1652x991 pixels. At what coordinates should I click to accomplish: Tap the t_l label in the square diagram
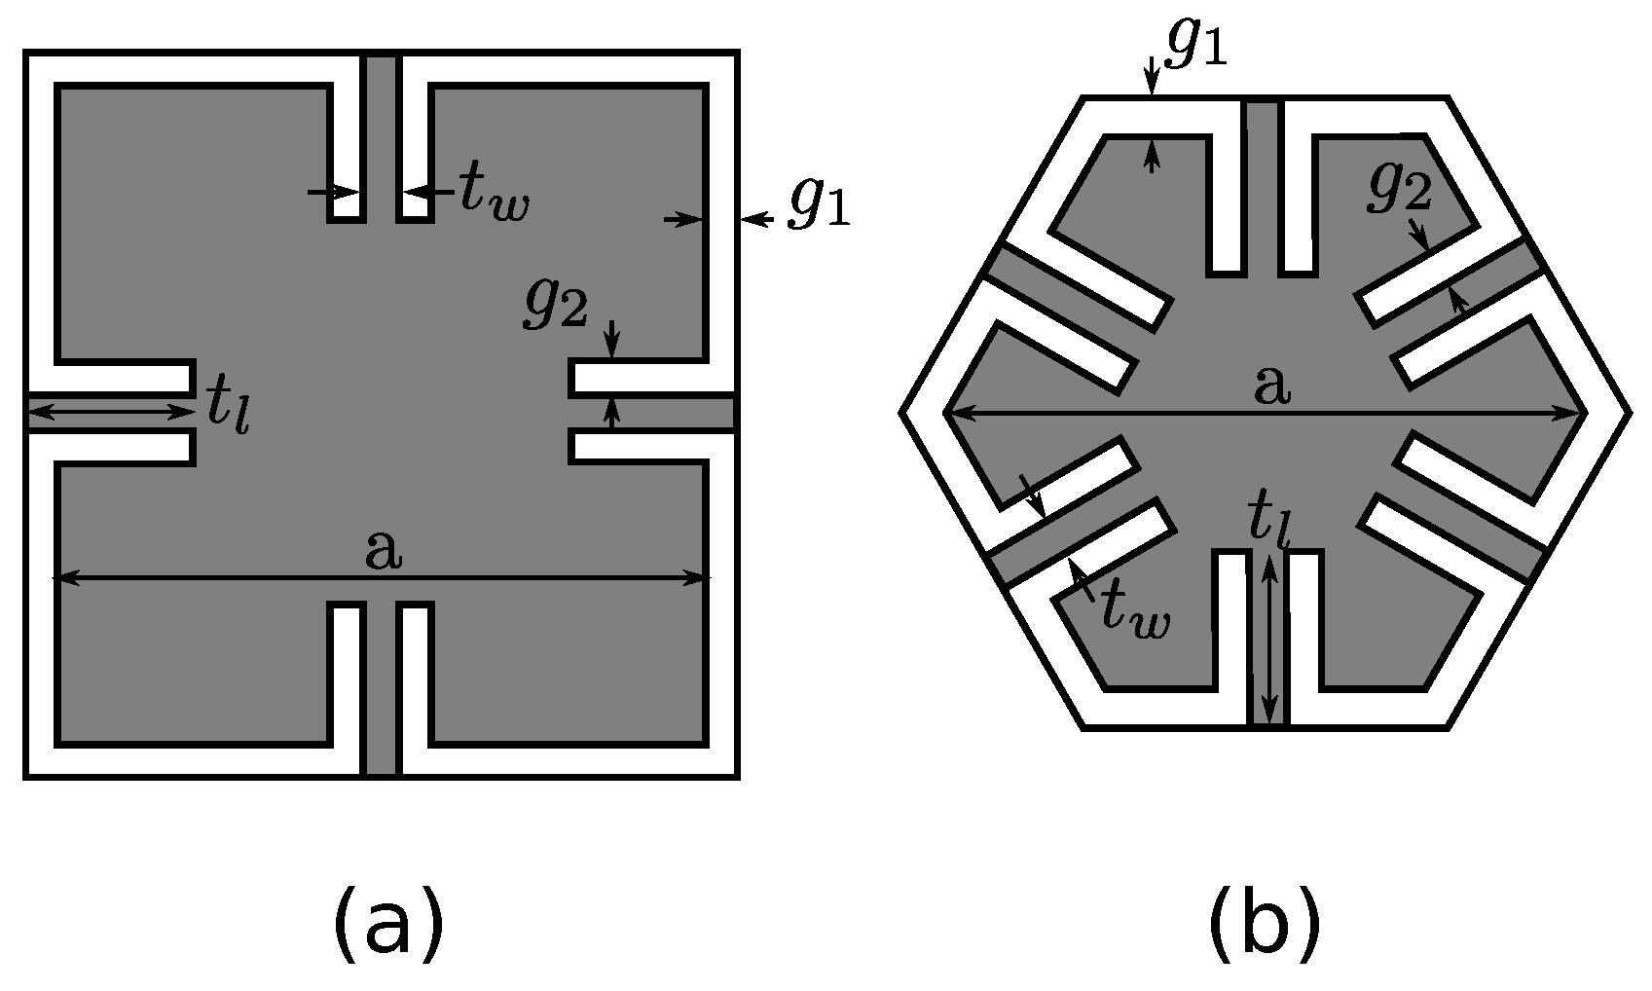(228, 408)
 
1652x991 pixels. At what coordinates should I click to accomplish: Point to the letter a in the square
(383, 552)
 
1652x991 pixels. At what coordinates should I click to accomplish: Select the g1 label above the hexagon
(1194, 45)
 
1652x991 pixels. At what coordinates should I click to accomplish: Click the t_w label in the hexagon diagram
(1135, 612)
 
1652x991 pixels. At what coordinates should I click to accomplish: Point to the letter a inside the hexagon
(1271, 385)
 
